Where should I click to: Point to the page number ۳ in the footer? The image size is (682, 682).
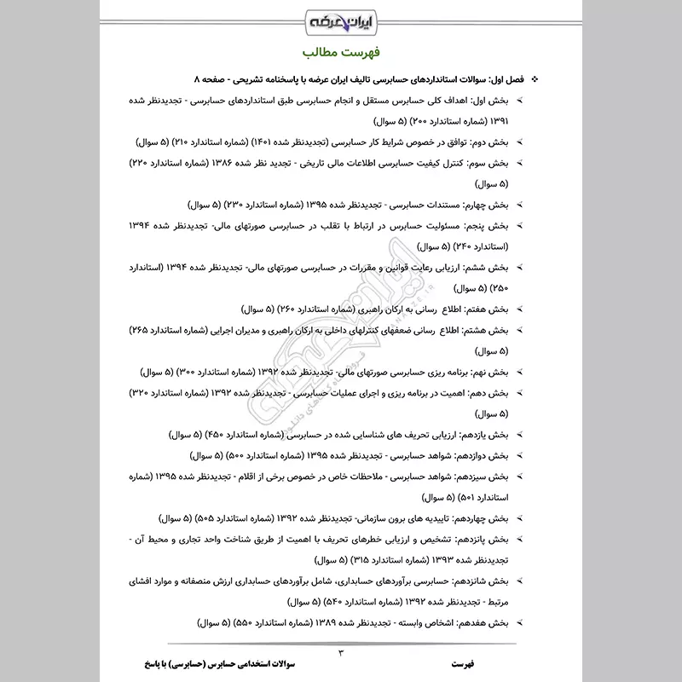pos(340,654)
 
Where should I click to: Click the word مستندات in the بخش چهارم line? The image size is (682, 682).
pos(451,205)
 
